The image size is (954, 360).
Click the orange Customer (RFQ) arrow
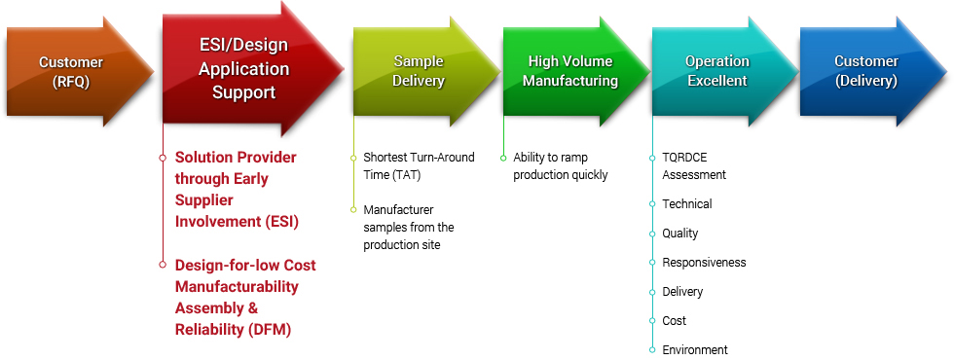coord(79,72)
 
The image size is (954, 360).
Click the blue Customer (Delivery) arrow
coord(874,72)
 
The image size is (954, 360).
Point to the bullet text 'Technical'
coord(687,203)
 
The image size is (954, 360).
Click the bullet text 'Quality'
coord(680,234)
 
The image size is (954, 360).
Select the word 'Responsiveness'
coord(704,263)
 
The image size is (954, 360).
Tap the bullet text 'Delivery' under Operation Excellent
coord(682,292)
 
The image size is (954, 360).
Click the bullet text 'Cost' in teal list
coord(674,320)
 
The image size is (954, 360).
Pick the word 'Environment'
coord(695,349)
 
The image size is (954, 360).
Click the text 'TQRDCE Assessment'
coord(694,166)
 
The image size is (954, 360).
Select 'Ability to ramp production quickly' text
coord(561,166)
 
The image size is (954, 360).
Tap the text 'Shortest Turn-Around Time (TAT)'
coord(419,166)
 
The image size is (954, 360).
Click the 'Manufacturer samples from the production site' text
coord(409,228)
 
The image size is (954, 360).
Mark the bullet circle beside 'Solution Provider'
coord(163,158)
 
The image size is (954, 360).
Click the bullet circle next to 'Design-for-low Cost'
coord(163,265)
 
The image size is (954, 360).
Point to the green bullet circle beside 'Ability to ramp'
coord(503,158)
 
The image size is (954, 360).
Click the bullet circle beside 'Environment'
coord(652,349)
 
